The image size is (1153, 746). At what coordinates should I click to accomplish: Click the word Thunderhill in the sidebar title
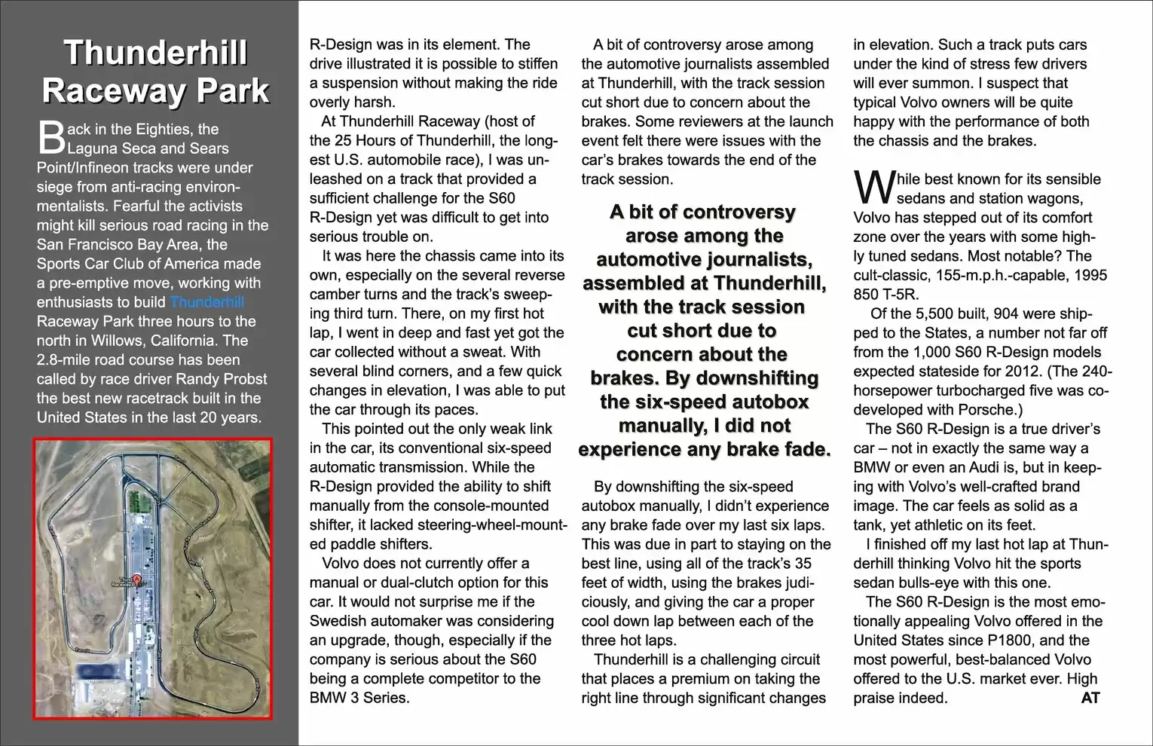155,54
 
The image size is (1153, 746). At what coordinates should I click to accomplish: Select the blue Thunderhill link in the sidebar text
207,302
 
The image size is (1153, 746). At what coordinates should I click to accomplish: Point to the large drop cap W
873,188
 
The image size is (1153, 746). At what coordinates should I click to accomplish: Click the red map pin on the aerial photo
137,579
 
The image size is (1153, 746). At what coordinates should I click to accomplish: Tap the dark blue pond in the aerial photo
98,672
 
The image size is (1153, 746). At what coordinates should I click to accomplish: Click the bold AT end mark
1090,698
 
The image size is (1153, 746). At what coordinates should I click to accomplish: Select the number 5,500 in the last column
925,313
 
